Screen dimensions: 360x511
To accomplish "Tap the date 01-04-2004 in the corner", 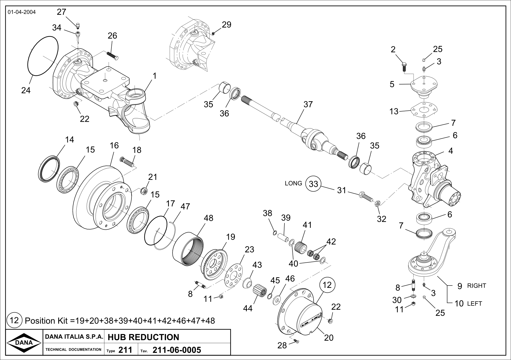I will click(22, 12).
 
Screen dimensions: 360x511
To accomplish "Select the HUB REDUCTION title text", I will click(143, 337).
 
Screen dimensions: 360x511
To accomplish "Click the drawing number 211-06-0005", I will click(177, 350).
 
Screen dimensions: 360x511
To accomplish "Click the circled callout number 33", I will click(314, 184).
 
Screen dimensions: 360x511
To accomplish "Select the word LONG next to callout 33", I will click(293, 183).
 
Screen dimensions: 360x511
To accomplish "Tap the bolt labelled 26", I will click(112, 56).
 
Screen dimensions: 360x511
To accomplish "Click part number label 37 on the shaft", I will click(308, 104).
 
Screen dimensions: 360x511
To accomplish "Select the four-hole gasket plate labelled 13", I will click(424, 111).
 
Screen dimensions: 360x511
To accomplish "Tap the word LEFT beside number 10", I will click(474, 304).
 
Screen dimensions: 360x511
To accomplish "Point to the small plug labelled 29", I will click(213, 33).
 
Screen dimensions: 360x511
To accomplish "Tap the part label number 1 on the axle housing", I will click(155, 76).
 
